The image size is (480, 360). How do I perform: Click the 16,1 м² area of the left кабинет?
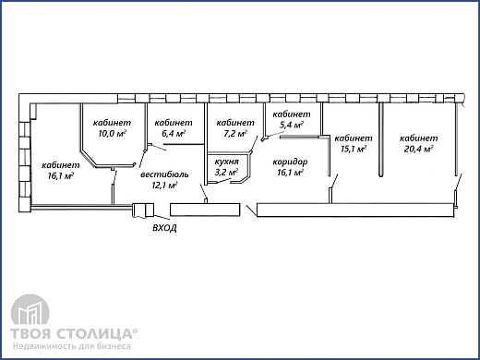click(61, 176)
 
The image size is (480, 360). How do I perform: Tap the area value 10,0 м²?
click(113, 134)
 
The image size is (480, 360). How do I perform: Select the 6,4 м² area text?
click(174, 134)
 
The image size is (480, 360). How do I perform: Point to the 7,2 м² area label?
click(235, 134)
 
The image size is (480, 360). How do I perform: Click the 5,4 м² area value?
click(292, 126)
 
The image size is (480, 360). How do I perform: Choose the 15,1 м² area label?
click(354, 150)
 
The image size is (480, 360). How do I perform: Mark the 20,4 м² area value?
click(418, 150)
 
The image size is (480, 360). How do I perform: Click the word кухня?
click(227, 162)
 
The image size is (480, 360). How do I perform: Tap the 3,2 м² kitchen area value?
click(226, 173)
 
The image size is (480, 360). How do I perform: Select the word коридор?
click(290, 162)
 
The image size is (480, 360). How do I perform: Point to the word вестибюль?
click(164, 174)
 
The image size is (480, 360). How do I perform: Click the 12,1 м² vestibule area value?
click(164, 186)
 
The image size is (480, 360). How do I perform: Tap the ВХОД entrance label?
click(164, 228)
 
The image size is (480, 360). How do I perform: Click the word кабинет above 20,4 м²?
click(419, 138)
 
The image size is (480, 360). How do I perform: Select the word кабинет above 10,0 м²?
click(112, 123)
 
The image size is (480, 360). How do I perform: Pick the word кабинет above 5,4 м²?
click(292, 114)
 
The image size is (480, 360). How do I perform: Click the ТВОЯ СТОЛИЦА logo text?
click(74, 333)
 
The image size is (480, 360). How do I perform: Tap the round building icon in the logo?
click(30, 310)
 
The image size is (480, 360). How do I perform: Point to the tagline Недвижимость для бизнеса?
click(72, 346)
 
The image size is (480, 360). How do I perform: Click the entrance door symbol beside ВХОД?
click(143, 210)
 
